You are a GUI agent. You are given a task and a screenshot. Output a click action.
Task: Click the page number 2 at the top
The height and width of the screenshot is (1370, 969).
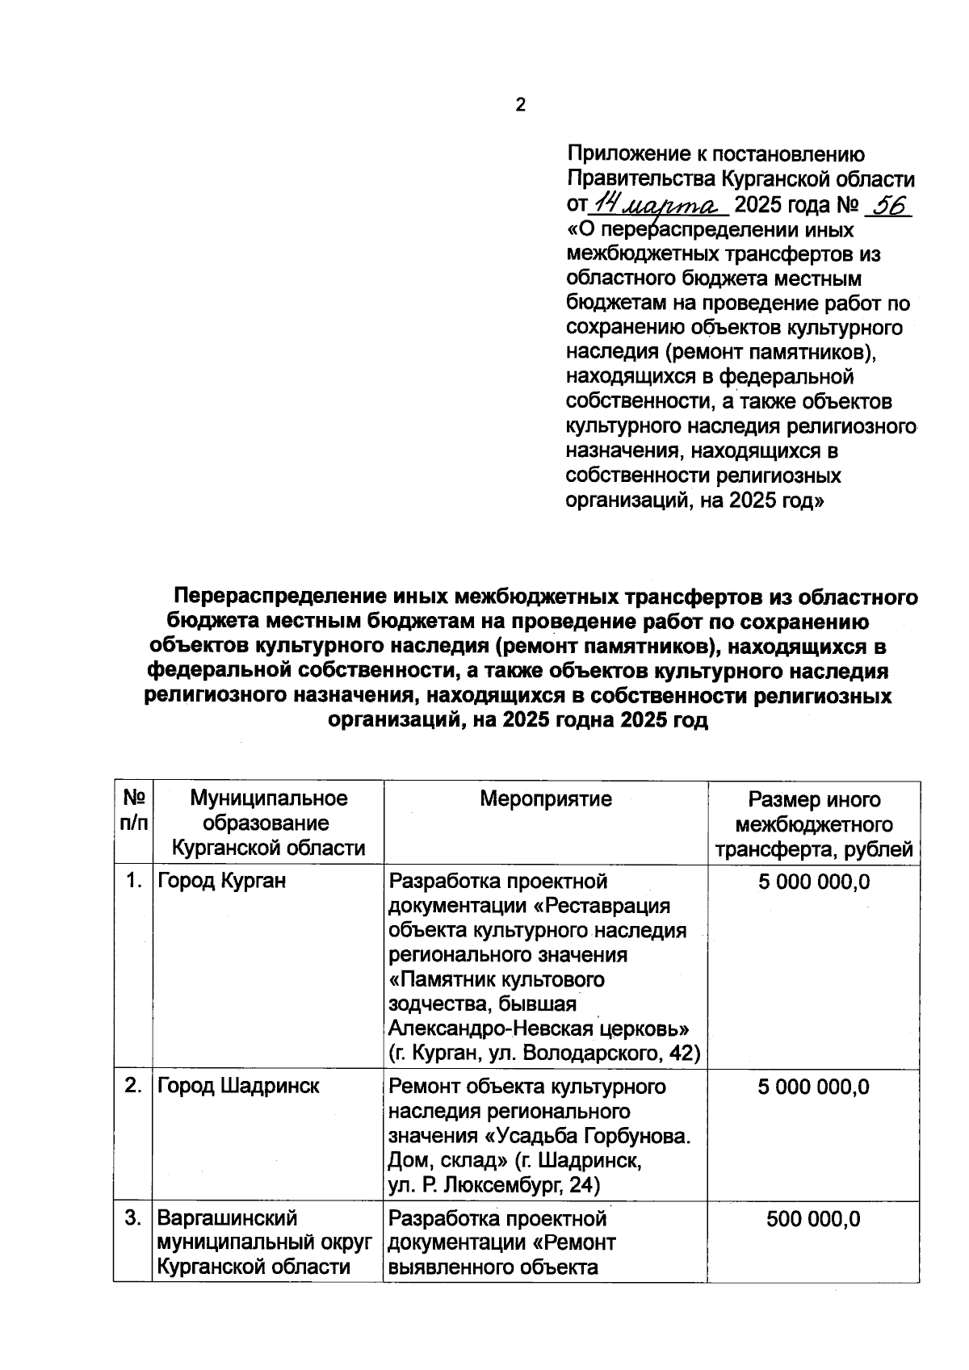point(520,105)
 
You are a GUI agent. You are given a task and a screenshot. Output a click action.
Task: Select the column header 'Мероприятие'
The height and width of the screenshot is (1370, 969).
point(545,799)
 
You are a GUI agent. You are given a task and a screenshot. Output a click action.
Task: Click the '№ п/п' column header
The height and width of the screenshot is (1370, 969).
point(134,811)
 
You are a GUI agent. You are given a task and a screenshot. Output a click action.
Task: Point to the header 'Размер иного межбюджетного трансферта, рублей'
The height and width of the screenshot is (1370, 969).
point(813,824)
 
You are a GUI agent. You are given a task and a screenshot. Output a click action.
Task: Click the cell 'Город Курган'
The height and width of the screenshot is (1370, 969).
point(221,881)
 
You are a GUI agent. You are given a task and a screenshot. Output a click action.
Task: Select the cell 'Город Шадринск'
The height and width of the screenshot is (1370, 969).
point(238,1086)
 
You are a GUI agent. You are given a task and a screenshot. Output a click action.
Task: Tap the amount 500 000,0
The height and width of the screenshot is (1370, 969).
point(813,1218)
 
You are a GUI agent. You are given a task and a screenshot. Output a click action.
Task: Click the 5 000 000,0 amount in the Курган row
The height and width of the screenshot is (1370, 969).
point(813,882)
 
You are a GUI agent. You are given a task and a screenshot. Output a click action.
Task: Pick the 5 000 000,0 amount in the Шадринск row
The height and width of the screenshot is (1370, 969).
point(813,1087)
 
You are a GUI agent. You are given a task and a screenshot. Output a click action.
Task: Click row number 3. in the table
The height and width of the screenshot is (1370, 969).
point(134,1217)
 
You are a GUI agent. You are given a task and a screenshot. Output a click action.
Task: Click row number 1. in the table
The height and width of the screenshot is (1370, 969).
point(134,881)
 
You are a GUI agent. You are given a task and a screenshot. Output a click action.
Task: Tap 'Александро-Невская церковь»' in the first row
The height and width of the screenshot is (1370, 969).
point(539,1029)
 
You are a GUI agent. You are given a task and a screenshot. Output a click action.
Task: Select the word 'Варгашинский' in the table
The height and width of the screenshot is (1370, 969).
point(227,1217)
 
